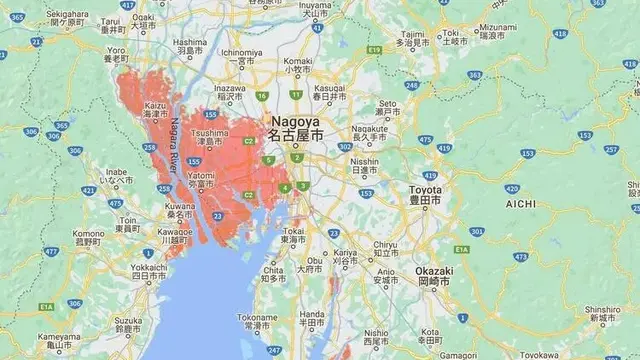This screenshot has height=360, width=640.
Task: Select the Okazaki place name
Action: [x=435, y=276]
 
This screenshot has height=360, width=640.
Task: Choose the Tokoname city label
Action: [x=257, y=321]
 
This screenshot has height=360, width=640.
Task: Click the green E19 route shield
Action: [x=374, y=49]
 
